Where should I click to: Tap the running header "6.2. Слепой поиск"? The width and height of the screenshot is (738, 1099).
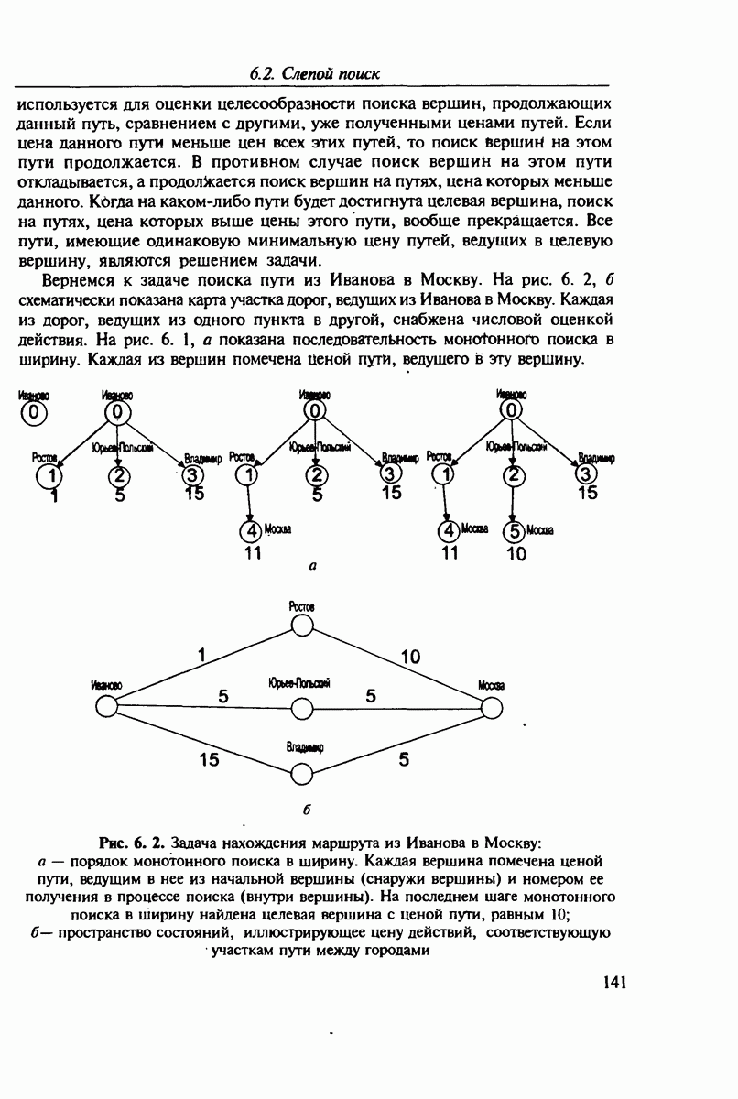click(314, 73)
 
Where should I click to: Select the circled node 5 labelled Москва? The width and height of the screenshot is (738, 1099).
click(515, 530)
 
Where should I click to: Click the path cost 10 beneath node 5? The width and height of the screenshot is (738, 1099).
click(516, 554)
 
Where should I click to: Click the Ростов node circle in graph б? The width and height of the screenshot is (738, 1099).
click(301, 626)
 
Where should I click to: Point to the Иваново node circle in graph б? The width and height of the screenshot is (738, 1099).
click(106, 708)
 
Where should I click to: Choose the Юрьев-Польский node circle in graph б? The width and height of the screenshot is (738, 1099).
click(301, 708)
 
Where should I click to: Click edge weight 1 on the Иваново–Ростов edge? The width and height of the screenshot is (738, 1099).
click(201, 655)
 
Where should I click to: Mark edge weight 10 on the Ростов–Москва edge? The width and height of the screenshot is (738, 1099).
click(410, 656)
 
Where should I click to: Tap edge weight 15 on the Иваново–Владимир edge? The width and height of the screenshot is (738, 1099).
click(209, 758)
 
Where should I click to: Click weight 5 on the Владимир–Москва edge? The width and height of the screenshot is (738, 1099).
click(404, 758)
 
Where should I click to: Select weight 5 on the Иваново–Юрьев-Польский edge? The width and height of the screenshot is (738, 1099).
click(223, 696)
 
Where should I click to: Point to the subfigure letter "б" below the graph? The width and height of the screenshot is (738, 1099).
click(307, 811)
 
